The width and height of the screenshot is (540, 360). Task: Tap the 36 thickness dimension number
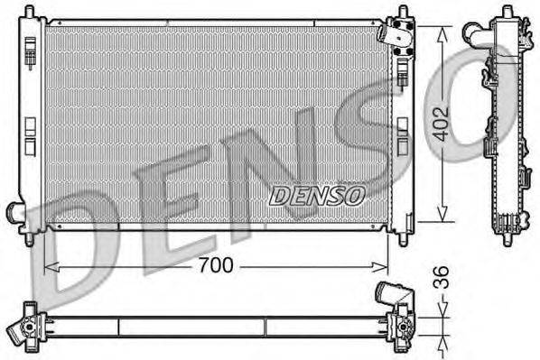440,274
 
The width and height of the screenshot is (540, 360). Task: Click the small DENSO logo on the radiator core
317,192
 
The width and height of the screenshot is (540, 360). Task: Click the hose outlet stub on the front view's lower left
14,212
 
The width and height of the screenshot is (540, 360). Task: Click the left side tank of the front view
33,122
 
